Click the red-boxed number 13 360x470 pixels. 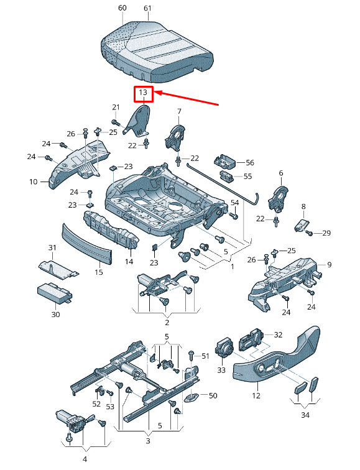(143, 94)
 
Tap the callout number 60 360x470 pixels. (122, 8)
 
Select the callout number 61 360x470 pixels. (147, 8)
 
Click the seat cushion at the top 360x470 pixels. (159, 51)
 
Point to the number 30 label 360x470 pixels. (55, 315)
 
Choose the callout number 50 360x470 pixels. (213, 395)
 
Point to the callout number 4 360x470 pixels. (85, 459)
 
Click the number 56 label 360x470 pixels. (250, 162)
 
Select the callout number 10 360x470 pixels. (34, 182)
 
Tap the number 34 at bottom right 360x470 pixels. (304, 415)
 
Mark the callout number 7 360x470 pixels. (178, 111)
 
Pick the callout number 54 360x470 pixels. (234, 203)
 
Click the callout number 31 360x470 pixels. (52, 248)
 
